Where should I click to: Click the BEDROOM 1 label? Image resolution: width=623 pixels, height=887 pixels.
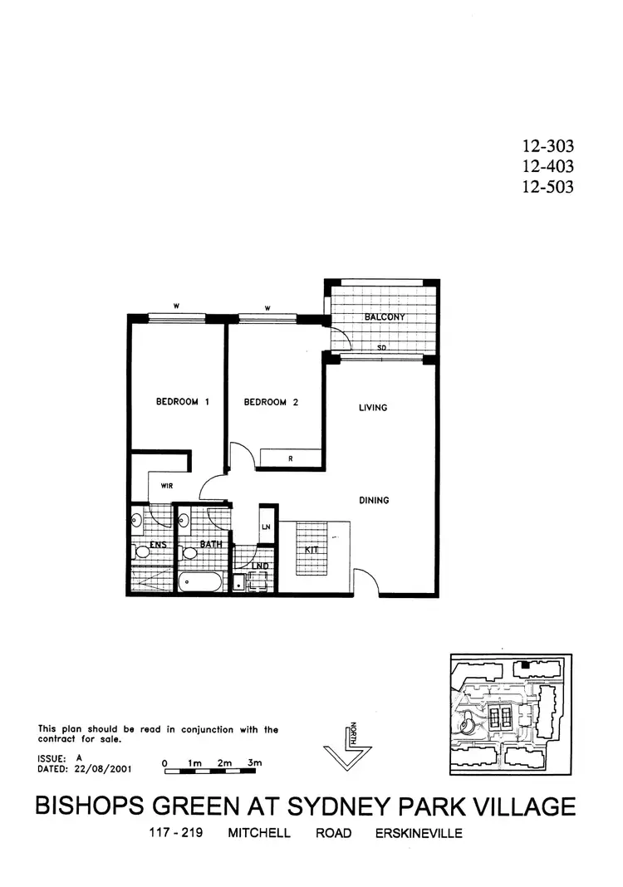point(183,402)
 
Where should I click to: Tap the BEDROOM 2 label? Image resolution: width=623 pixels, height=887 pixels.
point(271,402)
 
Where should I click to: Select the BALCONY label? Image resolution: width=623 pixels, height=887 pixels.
point(384,317)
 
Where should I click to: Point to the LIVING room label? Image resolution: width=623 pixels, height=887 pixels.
point(374,408)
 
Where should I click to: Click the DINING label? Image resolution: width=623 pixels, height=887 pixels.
point(374,500)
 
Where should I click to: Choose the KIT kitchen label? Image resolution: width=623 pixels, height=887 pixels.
point(313,551)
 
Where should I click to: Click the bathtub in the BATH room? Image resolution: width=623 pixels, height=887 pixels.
point(200,581)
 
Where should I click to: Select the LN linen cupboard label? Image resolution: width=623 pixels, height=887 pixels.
point(267,527)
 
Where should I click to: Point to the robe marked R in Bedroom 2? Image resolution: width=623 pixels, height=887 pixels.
point(289,458)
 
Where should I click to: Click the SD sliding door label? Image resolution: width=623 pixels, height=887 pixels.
point(382,348)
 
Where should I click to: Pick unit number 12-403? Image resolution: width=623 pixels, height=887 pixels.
point(547,167)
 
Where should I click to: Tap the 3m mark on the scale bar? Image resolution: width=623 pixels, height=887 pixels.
point(254,762)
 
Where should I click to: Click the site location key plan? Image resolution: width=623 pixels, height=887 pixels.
point(510,714)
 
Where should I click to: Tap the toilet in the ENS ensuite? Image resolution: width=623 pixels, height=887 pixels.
point(141,551)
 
